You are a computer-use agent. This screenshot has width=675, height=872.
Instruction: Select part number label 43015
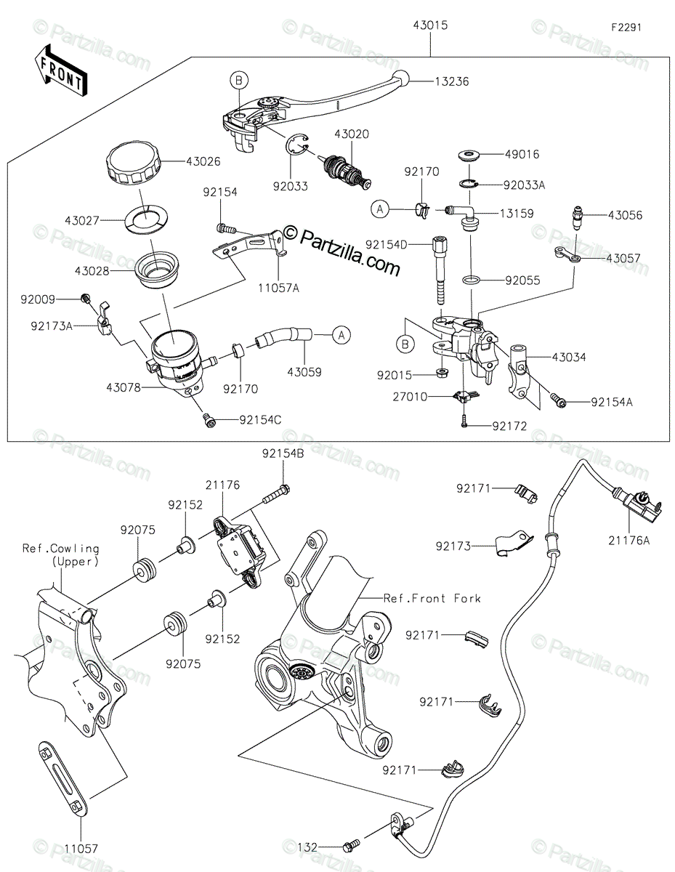point(430,25)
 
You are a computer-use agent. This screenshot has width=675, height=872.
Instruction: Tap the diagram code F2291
point(626,28)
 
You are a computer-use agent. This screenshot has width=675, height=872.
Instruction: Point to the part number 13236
point(452,81)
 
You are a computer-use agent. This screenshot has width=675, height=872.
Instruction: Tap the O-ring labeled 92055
point(472,280)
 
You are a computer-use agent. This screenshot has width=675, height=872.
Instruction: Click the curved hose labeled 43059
point(284,336)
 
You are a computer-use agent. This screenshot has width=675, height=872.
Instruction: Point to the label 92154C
point(260,420)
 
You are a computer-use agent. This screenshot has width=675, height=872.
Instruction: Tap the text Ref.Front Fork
point(432,598)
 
